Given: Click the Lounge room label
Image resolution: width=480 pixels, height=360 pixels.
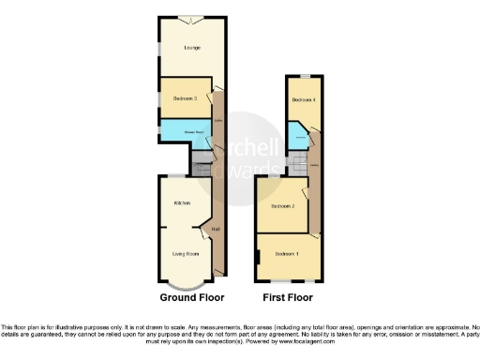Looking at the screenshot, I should coord(190,47).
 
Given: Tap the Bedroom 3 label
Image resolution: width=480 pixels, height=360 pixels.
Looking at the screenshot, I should coord(184,97).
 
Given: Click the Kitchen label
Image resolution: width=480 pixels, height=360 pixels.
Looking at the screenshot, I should coord(183,202).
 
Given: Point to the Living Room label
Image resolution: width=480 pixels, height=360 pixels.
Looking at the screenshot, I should coord(185,253).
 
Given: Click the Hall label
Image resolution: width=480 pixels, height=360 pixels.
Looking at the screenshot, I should coord(216,230).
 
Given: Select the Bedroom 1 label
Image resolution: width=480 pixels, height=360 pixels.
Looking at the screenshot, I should coord(287,253).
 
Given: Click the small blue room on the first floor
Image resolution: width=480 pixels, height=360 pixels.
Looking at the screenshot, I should coord(298,138).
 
